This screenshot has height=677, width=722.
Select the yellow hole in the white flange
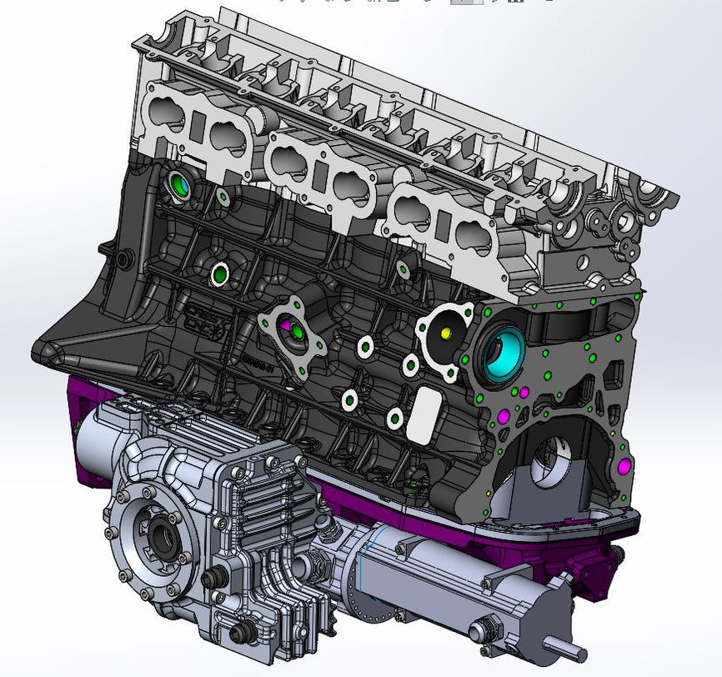coord(445,333)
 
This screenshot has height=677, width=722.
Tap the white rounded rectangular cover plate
coord(424,414)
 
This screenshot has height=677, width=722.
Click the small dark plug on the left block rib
coord(124,260)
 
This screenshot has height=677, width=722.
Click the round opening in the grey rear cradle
coord(547,459)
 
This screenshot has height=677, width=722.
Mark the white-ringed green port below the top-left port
coord(220,273)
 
